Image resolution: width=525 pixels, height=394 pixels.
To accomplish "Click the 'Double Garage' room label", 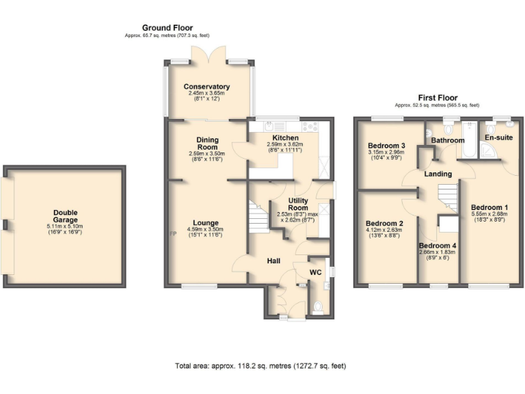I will click(66, 206).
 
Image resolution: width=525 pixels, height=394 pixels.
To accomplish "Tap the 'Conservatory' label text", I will click(206, 87).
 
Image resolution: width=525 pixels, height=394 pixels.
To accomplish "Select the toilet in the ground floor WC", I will click(317, 306).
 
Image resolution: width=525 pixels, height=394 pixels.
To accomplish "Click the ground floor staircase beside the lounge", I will click(258, 218).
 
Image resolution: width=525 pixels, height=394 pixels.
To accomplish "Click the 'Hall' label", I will click(275, 260).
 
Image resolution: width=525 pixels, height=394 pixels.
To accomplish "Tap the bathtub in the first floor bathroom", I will click(468, 130).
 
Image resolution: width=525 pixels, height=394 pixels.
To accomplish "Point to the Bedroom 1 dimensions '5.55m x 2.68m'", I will click(489, 214).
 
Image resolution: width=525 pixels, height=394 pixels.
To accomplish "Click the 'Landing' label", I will click(437, 174).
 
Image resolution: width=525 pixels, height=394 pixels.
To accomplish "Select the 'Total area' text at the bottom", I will click(260, 366).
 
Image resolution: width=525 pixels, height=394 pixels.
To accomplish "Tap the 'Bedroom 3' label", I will click(387, 146).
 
